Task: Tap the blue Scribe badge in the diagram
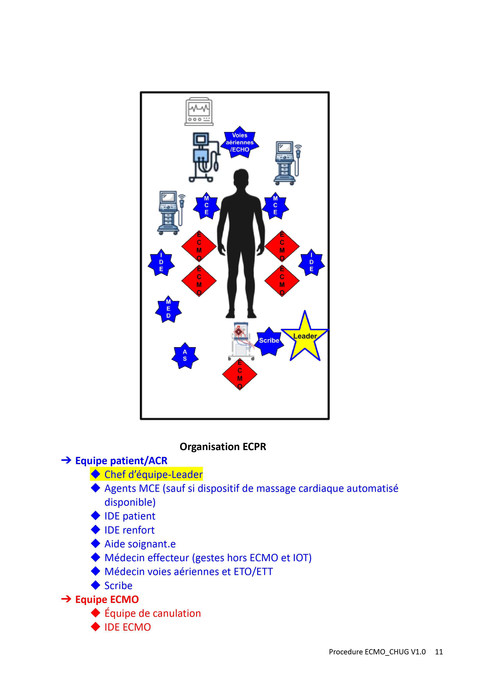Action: pos(269,341)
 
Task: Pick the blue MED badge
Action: pos(168,309)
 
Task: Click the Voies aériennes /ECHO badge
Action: pos(240,142)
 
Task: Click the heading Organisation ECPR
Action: pos(223,447)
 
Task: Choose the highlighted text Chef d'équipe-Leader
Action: pos(153,474)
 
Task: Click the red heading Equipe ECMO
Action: pos(107,599)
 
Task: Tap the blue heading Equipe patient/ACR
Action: pos(121,461)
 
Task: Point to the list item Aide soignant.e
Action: pos(140,544)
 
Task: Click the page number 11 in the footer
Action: pos(439,652)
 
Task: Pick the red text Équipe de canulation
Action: pos(153,613)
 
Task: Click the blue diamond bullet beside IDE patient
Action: pos(95,516)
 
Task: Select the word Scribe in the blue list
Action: pos(118,586)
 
